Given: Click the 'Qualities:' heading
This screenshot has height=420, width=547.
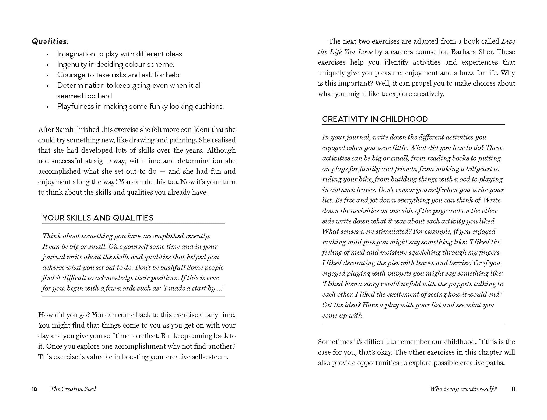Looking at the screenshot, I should (x=51, y=41).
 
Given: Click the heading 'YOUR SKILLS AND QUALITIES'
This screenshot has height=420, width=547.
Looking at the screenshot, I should (x=98, y=218).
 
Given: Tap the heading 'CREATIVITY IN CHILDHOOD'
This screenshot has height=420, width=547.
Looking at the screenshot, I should (x=375, y=119).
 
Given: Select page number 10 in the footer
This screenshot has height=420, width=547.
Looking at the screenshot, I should (x=34, y=389).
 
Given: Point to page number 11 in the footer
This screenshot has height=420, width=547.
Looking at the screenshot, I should (x=513, y=389).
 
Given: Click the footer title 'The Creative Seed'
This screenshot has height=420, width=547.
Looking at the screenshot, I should (x=73, y=389).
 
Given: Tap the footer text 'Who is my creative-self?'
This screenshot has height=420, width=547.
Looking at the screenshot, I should (x=463, y=389).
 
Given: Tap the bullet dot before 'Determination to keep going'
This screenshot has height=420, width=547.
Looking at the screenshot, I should (x=48, y=86).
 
